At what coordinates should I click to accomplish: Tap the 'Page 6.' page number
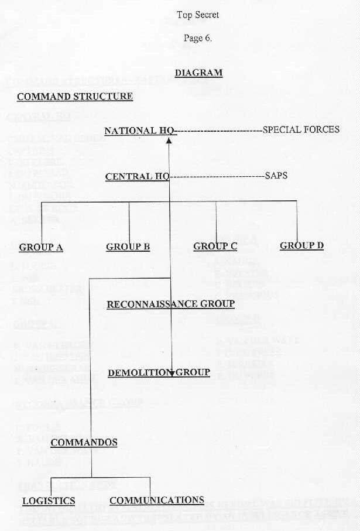[x=198, y=39]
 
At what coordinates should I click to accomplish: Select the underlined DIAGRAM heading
[x=198, y=73]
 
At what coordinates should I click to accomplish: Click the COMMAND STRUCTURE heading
[x=75, y=97]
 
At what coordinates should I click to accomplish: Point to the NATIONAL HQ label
[x=139, y=131]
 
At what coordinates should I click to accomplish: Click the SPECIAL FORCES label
[x=301, y=129]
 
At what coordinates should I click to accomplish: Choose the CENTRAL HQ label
[x=137, y=176]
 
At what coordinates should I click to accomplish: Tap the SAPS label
[x=276, y=175]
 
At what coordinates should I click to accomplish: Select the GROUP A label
[x=41, y=247]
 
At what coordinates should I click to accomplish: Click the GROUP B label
[x=128, y=247]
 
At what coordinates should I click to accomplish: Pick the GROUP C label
[x=215, y=246]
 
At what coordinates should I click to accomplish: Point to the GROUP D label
[x=301, y=246]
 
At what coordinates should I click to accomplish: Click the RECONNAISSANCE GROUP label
[x=170, y=304]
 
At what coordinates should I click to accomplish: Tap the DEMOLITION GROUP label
[x=159, y=373]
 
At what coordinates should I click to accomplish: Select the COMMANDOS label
[x=84, y=443]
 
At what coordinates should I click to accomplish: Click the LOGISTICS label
[x=49, y=501]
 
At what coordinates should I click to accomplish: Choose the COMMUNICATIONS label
[x=157, y=501]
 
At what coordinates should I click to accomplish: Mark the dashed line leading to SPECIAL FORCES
[x=219, y=131]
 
